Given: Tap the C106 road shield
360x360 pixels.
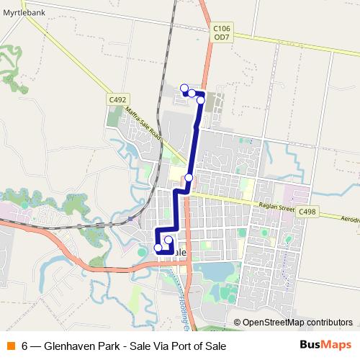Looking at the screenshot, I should click(222, 28).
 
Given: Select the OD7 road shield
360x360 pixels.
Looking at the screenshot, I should click(222, 37).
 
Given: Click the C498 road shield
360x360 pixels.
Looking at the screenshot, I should click(307, 212).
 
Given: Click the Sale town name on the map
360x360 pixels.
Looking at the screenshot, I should click(179, 253).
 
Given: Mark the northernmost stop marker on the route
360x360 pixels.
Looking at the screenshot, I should click(184, 89).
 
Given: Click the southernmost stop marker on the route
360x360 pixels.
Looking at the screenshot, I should click(158, 248).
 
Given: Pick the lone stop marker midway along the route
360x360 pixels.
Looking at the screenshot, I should click(189, 177).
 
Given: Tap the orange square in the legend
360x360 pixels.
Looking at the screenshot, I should click(10, 346).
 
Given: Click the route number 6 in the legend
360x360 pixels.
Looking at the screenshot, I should click(25, 346).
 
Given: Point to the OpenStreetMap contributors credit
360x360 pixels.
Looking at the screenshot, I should click(297, 323).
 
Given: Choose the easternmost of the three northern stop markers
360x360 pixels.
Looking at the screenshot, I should click(201, 100).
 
